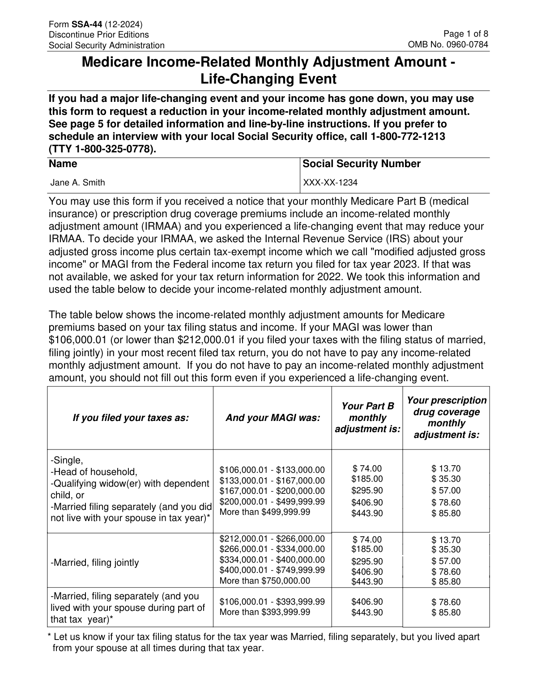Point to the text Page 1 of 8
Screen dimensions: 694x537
click(x=465, y=34)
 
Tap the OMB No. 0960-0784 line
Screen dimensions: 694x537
click(x=447, y=45)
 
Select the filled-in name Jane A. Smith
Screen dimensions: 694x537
click(x=77, y=182)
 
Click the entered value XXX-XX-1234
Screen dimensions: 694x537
click(x=330, y=182)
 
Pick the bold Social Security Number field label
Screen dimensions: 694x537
click(x=362, y=164)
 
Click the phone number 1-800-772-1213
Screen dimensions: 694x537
click(x=408, y=137)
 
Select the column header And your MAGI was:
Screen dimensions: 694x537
click(x=273, y=418)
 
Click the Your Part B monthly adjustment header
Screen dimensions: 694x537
click(x=367, y=418)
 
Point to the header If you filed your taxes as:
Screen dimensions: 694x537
click(x=131, y=418)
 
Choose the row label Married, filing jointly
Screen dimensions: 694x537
click(x=95, y=563)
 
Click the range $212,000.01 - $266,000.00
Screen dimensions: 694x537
click(x=272, y=539)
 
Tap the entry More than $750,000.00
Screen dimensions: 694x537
click(x=264, y=581)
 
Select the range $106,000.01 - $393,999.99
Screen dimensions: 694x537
click(x=272, y=602)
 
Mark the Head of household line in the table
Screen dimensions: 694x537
click(x=94, y=472)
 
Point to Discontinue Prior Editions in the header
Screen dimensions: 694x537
click(x=98, y=35)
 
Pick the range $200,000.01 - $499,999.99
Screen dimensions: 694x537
click(x=272, y=501)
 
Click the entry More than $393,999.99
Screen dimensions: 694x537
click(x=264, y=612)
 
